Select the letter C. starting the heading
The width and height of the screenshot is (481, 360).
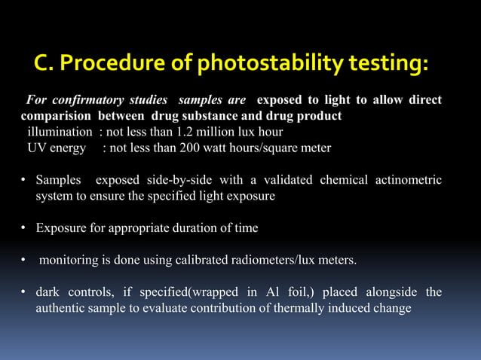point(44,66)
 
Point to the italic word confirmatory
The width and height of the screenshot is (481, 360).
point(84,100)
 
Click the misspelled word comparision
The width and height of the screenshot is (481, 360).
point(57,116)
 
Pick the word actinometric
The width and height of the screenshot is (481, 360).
point(410,180)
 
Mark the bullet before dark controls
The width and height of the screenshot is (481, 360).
point(24,292)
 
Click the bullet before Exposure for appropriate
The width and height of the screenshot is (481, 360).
point(24,228)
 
